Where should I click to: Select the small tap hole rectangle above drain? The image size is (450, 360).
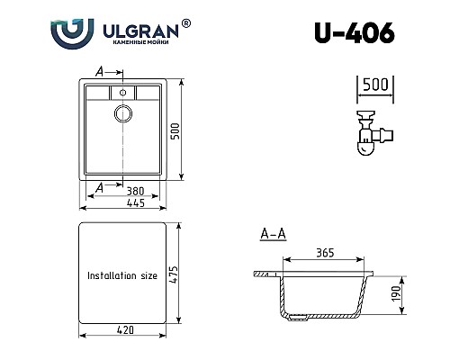[x=122, y=92]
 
